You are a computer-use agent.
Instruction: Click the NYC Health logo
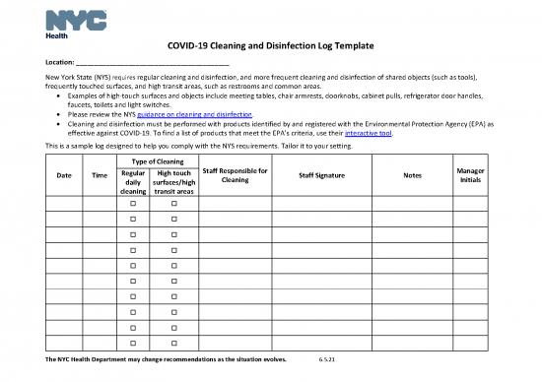pos(66,21)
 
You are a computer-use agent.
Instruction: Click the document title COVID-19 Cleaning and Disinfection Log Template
pos(270,46)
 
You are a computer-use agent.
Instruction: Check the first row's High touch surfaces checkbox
pos(173,204)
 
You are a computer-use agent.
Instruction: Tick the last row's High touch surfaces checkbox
pos(173,342)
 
